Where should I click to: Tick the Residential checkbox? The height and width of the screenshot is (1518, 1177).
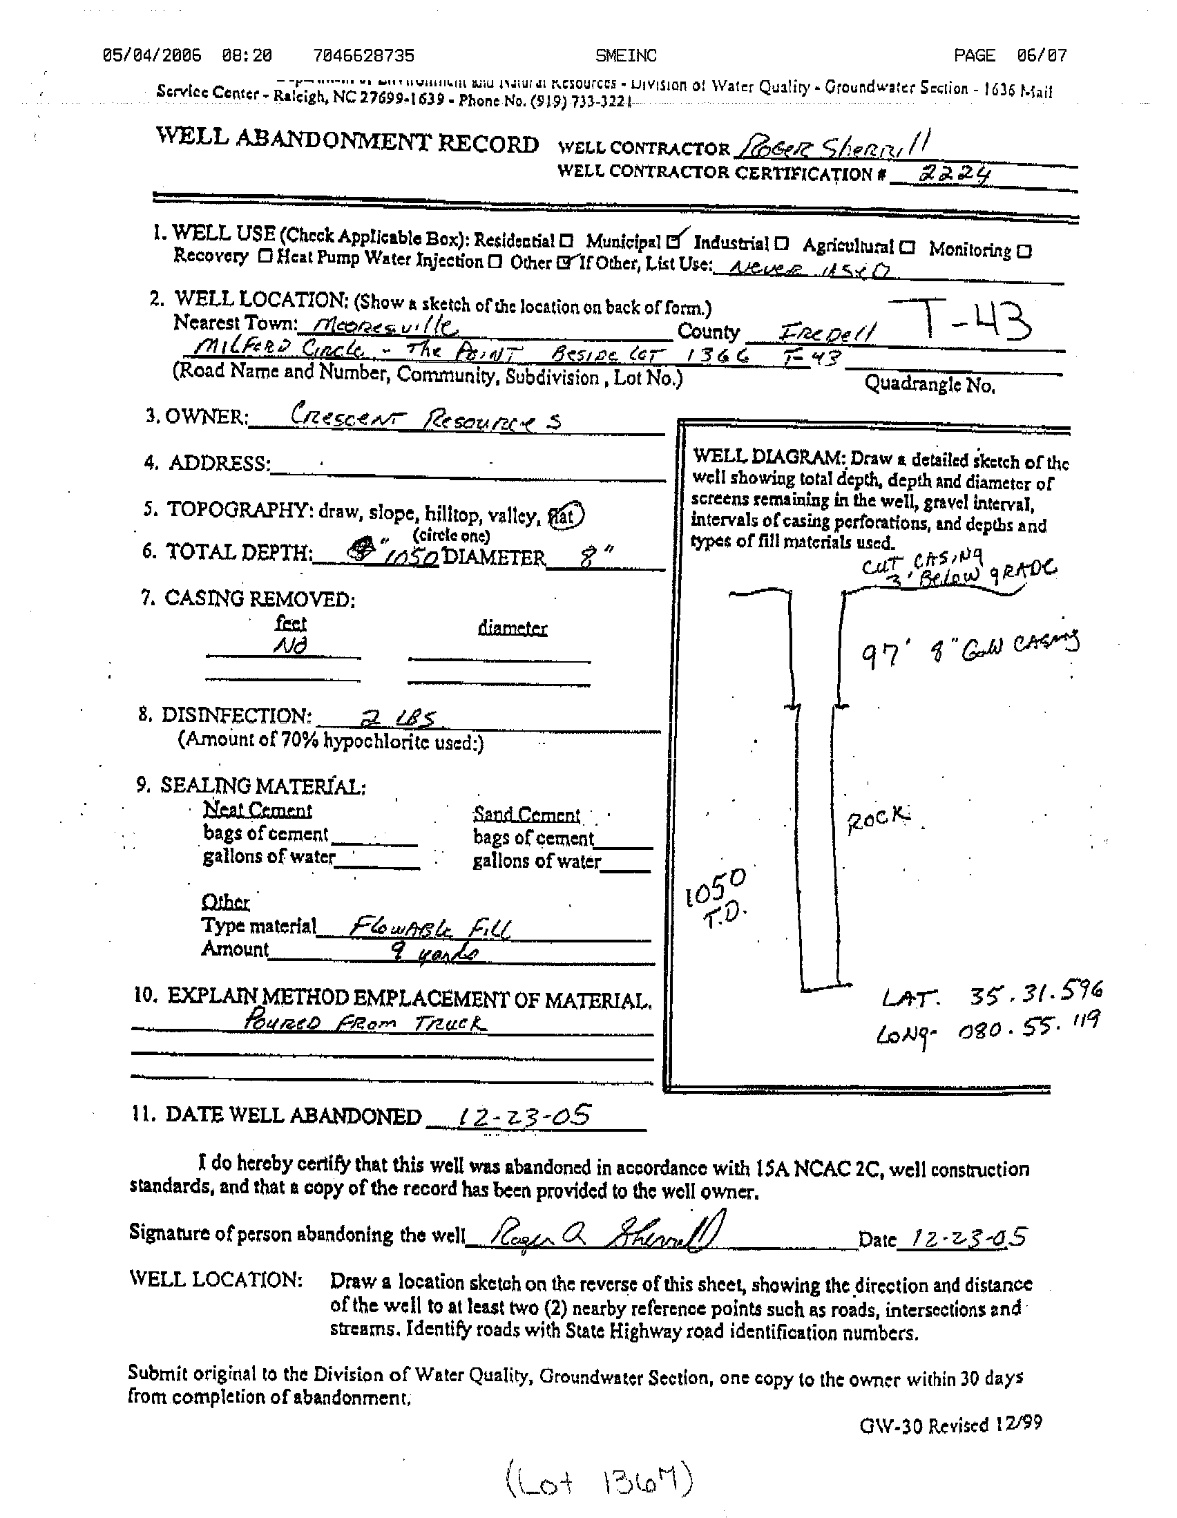(566, 242)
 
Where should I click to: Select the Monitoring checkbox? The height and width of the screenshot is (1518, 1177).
(1024, 251)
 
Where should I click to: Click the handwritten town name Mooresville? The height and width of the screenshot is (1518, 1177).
(386, 325)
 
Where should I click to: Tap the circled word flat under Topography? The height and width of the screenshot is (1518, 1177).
(566, 515)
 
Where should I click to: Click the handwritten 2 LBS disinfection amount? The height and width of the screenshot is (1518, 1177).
(401, 719)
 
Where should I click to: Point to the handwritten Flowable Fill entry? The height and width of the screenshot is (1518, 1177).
(430, 927)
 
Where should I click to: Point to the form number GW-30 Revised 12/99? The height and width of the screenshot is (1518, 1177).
(950, 1424)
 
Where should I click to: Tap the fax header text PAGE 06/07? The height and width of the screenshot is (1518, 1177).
(1011, 55)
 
